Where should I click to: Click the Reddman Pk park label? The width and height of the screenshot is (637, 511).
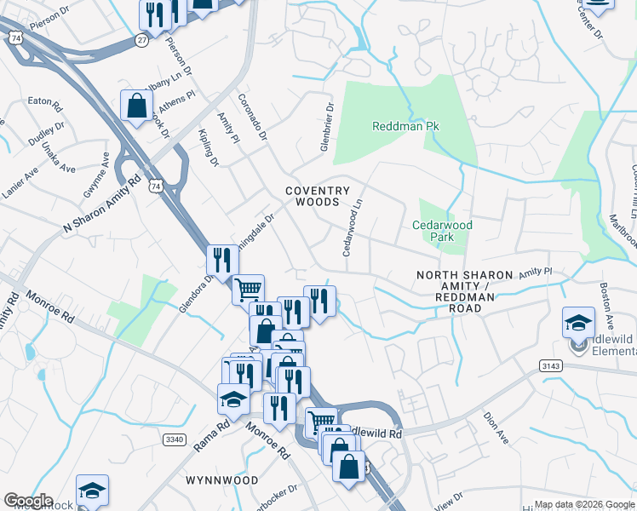pos(405,126)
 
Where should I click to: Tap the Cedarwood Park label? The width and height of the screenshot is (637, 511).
pos(442,232)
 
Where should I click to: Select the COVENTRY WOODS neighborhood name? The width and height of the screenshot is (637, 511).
pos(317,197)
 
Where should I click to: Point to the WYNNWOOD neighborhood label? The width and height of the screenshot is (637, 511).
pos(221,480)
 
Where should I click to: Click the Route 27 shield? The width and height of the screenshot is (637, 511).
pos(141,39)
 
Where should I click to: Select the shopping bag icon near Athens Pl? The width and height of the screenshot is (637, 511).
pos(136,106)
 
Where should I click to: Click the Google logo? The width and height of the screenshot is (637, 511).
pos(27,501)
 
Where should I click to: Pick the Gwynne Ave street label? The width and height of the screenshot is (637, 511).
pos(96,175)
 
